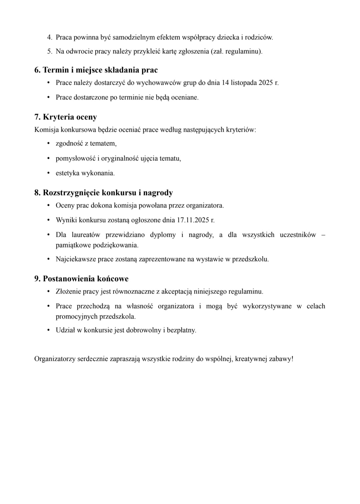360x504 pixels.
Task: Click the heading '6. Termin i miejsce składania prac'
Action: pyautogui.click(x=96, y=70)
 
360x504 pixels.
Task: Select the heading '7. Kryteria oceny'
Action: pyautogui.click(x=66, y=117)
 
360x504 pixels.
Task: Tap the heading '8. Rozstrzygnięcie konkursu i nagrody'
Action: pyautogui.click(x=104, y=193)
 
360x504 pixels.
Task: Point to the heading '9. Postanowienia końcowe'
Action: pyautogui.click(x=81, y=279)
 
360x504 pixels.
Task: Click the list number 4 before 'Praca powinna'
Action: pyautogui.click(x=50, y=37)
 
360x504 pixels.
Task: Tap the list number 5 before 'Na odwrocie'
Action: pyautogui.click(x=50, y=51)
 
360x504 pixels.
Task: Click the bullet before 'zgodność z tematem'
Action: pyautogui.click(x=48, y=144)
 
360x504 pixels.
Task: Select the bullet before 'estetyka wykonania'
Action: pyautogui.click(x=48, y=173)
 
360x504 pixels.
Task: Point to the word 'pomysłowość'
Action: pyautogui.click(x=75, y=158)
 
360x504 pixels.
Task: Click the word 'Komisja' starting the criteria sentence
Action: pyautogui.click(x=45, y=130)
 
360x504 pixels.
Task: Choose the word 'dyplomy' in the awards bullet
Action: pyautogui.click(x=163, y=235)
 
